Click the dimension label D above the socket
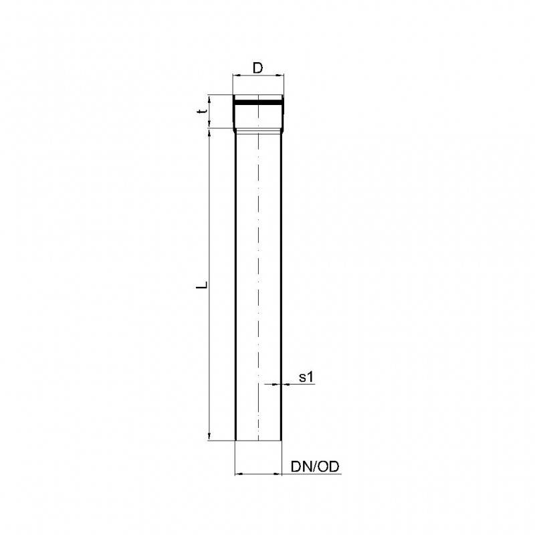tap(257, 68)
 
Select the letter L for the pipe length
tap(200, 286)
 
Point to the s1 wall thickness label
tap(306, 378)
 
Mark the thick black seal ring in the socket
tap(259, 104)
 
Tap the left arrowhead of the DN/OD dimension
tap(239, 474)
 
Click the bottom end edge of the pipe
tap(259, 441)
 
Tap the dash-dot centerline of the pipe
tap(258, 267)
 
